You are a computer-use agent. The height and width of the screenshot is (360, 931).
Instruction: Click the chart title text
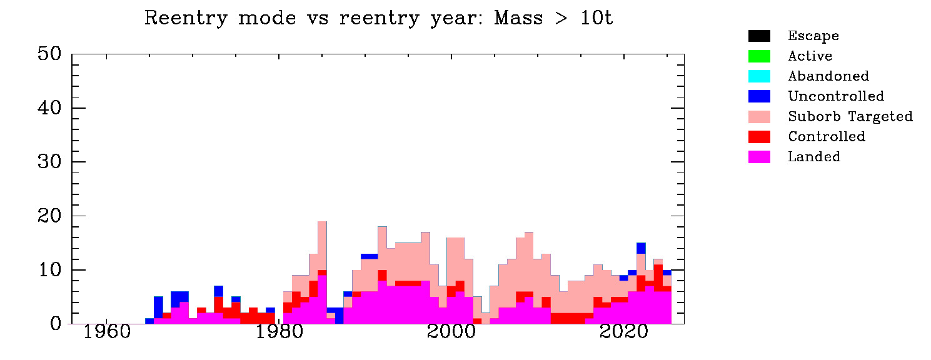click(x=378, y=18)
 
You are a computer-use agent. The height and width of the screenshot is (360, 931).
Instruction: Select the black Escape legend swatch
click(x=759, y=36)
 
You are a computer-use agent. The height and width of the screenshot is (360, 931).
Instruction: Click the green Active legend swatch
click(x=759, y=56)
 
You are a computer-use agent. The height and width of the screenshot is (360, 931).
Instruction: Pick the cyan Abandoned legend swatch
click(x=759, y=76)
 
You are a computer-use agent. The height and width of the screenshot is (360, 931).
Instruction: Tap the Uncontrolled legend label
click(x=835, y=96)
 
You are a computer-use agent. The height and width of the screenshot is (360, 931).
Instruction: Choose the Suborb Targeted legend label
click(x=850, y=116)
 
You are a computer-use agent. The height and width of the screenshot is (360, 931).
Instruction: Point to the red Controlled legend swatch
click(x=759, y=136)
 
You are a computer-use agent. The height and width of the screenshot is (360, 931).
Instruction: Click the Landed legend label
click(x=813, y=156)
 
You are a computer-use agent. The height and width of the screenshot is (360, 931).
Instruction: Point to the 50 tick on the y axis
click(x=48, y=54)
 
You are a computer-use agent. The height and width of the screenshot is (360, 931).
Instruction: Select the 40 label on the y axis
click(x=48, y=108)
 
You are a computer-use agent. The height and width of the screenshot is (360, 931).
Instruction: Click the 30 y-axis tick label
click(x=48, y=162)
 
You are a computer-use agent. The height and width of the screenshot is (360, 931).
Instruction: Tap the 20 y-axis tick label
click(x=48, y=216)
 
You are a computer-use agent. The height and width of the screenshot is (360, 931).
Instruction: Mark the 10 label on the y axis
click(x=48, y=270)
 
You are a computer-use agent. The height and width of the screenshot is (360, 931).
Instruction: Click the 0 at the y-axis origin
click(x=55, y=324)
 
